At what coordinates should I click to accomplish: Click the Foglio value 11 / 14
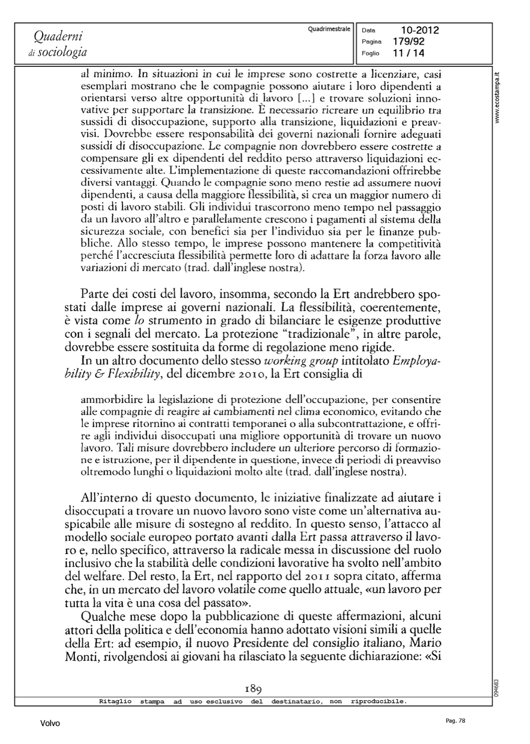click(408, 53)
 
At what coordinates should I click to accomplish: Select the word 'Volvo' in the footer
click(50, 724)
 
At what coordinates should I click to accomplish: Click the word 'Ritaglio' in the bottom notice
click(116, 701)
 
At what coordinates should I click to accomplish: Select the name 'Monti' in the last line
click(80, 656)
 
